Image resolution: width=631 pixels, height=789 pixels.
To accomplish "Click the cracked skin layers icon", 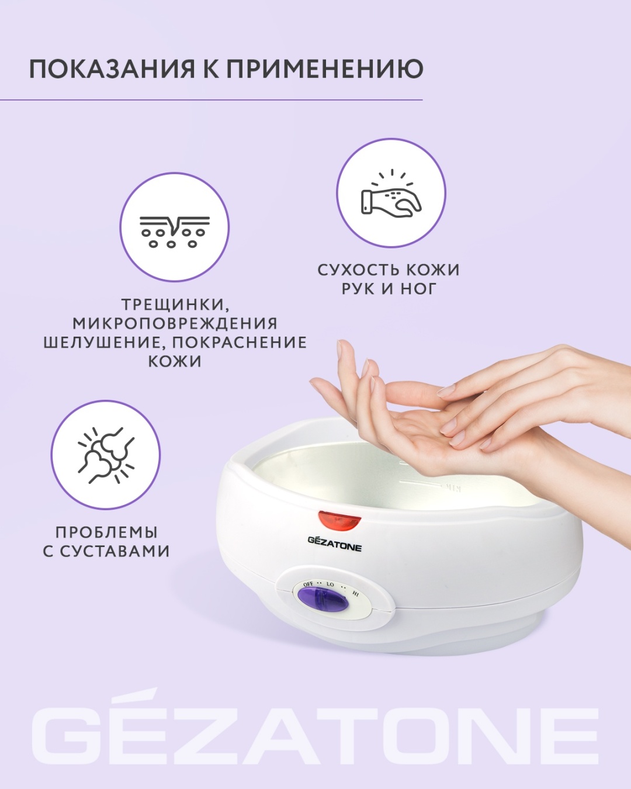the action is pyautogui.click(x=175, y=231).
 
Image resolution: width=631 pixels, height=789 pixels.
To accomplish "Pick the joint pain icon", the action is pyautogui.click(x=106, y=455).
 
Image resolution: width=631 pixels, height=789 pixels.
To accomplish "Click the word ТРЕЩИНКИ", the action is pyautogui.click(x=173, y=304).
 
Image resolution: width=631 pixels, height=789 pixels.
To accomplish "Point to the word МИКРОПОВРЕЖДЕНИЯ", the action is pyautogui.click(x=175, y=323).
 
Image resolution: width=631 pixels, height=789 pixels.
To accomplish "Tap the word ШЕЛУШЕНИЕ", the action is pyautogui.click(x=104, y=342).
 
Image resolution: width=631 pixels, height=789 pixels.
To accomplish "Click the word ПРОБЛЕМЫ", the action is pyautogui.click(x=106, y=532).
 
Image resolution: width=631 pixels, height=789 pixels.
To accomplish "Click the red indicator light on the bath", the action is pyautogui.click(x=340, y=520).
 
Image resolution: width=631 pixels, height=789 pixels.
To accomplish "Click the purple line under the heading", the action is pyautogui.click(x=211, y=99).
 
